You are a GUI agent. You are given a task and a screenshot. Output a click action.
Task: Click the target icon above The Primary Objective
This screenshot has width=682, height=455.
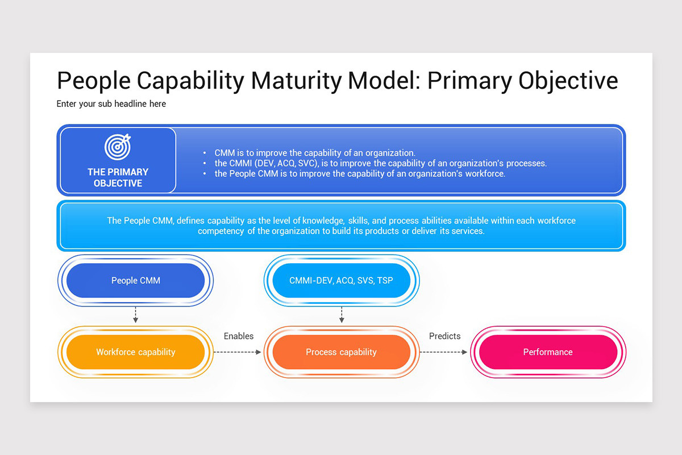pos(118,147)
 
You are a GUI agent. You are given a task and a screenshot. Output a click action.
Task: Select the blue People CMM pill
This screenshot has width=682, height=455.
pos(135,280)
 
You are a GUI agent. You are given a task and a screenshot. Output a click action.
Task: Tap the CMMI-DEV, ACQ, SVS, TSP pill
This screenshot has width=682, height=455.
pos(341,280)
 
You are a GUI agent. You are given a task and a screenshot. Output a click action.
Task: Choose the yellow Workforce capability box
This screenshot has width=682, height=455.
pos(135,352)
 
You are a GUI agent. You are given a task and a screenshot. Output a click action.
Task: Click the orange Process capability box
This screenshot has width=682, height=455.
pos(341,352)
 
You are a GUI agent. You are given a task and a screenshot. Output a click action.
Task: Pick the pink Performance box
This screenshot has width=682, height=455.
pos(548,352)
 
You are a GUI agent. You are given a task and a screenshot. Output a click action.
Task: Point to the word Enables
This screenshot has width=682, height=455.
pos(239,336)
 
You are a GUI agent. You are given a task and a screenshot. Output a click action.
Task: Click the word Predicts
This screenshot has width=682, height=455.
pos(444,336)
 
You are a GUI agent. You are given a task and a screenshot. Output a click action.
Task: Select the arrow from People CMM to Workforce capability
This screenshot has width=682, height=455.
pos(135,315)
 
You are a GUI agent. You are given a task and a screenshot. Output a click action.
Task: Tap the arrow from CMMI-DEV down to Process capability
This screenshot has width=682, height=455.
pos(342,315)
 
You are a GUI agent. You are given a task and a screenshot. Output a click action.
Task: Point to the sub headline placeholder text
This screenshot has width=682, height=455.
pos(111,104)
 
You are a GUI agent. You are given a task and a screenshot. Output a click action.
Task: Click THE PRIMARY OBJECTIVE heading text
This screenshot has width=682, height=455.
pos(118,177)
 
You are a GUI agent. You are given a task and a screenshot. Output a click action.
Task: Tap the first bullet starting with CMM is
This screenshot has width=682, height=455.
pos(315,153)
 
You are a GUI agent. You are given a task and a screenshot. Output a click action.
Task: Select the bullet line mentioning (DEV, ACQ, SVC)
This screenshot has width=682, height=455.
pos(380,163)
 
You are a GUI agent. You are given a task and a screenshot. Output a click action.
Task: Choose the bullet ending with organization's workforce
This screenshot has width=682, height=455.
pos(359,173)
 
